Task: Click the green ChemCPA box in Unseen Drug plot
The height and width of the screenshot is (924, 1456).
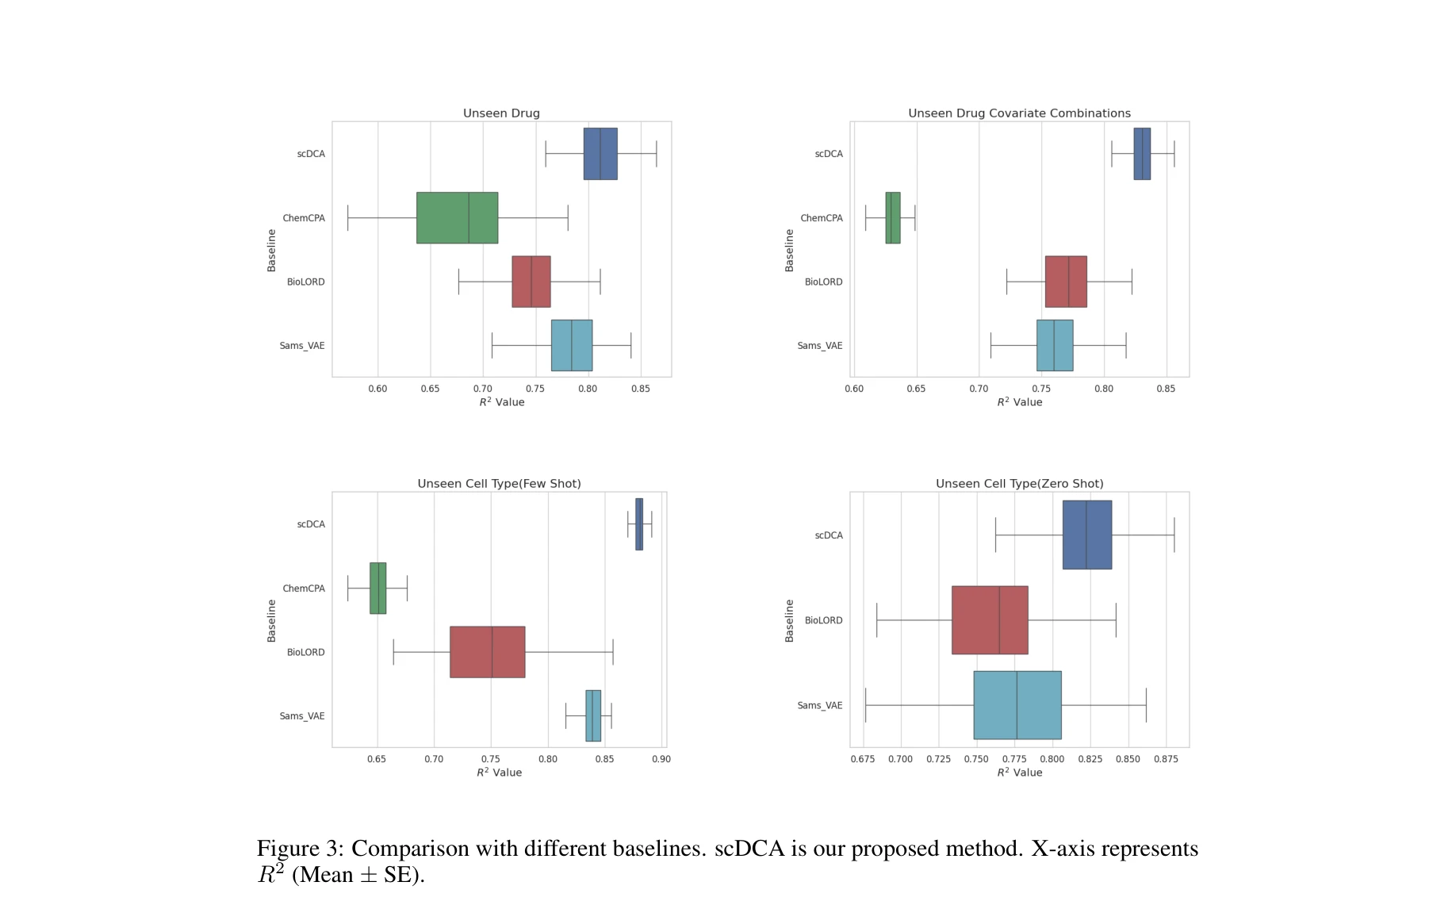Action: pos(457,217)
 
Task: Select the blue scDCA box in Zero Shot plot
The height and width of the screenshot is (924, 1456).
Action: pos(1086,535)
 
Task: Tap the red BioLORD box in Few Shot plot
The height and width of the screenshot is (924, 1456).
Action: pos(487,652)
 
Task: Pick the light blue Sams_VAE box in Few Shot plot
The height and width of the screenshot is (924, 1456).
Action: pos(593,715)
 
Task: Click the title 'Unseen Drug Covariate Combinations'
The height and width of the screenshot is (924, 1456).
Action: pos(1019,113)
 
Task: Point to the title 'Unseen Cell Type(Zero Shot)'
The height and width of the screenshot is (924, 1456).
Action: pos(1019,484)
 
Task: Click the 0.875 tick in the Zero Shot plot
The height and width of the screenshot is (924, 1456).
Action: pos(1165,759)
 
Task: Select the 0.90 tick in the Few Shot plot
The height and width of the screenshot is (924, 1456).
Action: pos(661,759)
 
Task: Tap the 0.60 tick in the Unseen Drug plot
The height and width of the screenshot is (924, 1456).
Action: pos(377,389)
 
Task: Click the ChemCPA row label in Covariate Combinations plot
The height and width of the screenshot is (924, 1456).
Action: pos(821,218)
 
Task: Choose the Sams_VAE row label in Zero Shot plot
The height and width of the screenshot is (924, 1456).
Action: pos(819,705)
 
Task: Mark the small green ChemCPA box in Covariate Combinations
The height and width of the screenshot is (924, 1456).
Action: pos(893,217)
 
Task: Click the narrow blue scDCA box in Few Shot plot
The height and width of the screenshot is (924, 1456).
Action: pos(639,524)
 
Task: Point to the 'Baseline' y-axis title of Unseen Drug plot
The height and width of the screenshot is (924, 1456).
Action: pos(271,250)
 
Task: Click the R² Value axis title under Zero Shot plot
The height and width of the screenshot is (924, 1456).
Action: pos(1019,773)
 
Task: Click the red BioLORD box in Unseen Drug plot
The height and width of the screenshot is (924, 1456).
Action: pos(531,282)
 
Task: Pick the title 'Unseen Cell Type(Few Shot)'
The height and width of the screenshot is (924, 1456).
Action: pos(499,484)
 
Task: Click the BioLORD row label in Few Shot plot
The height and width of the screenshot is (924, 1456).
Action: pos(305,652)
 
